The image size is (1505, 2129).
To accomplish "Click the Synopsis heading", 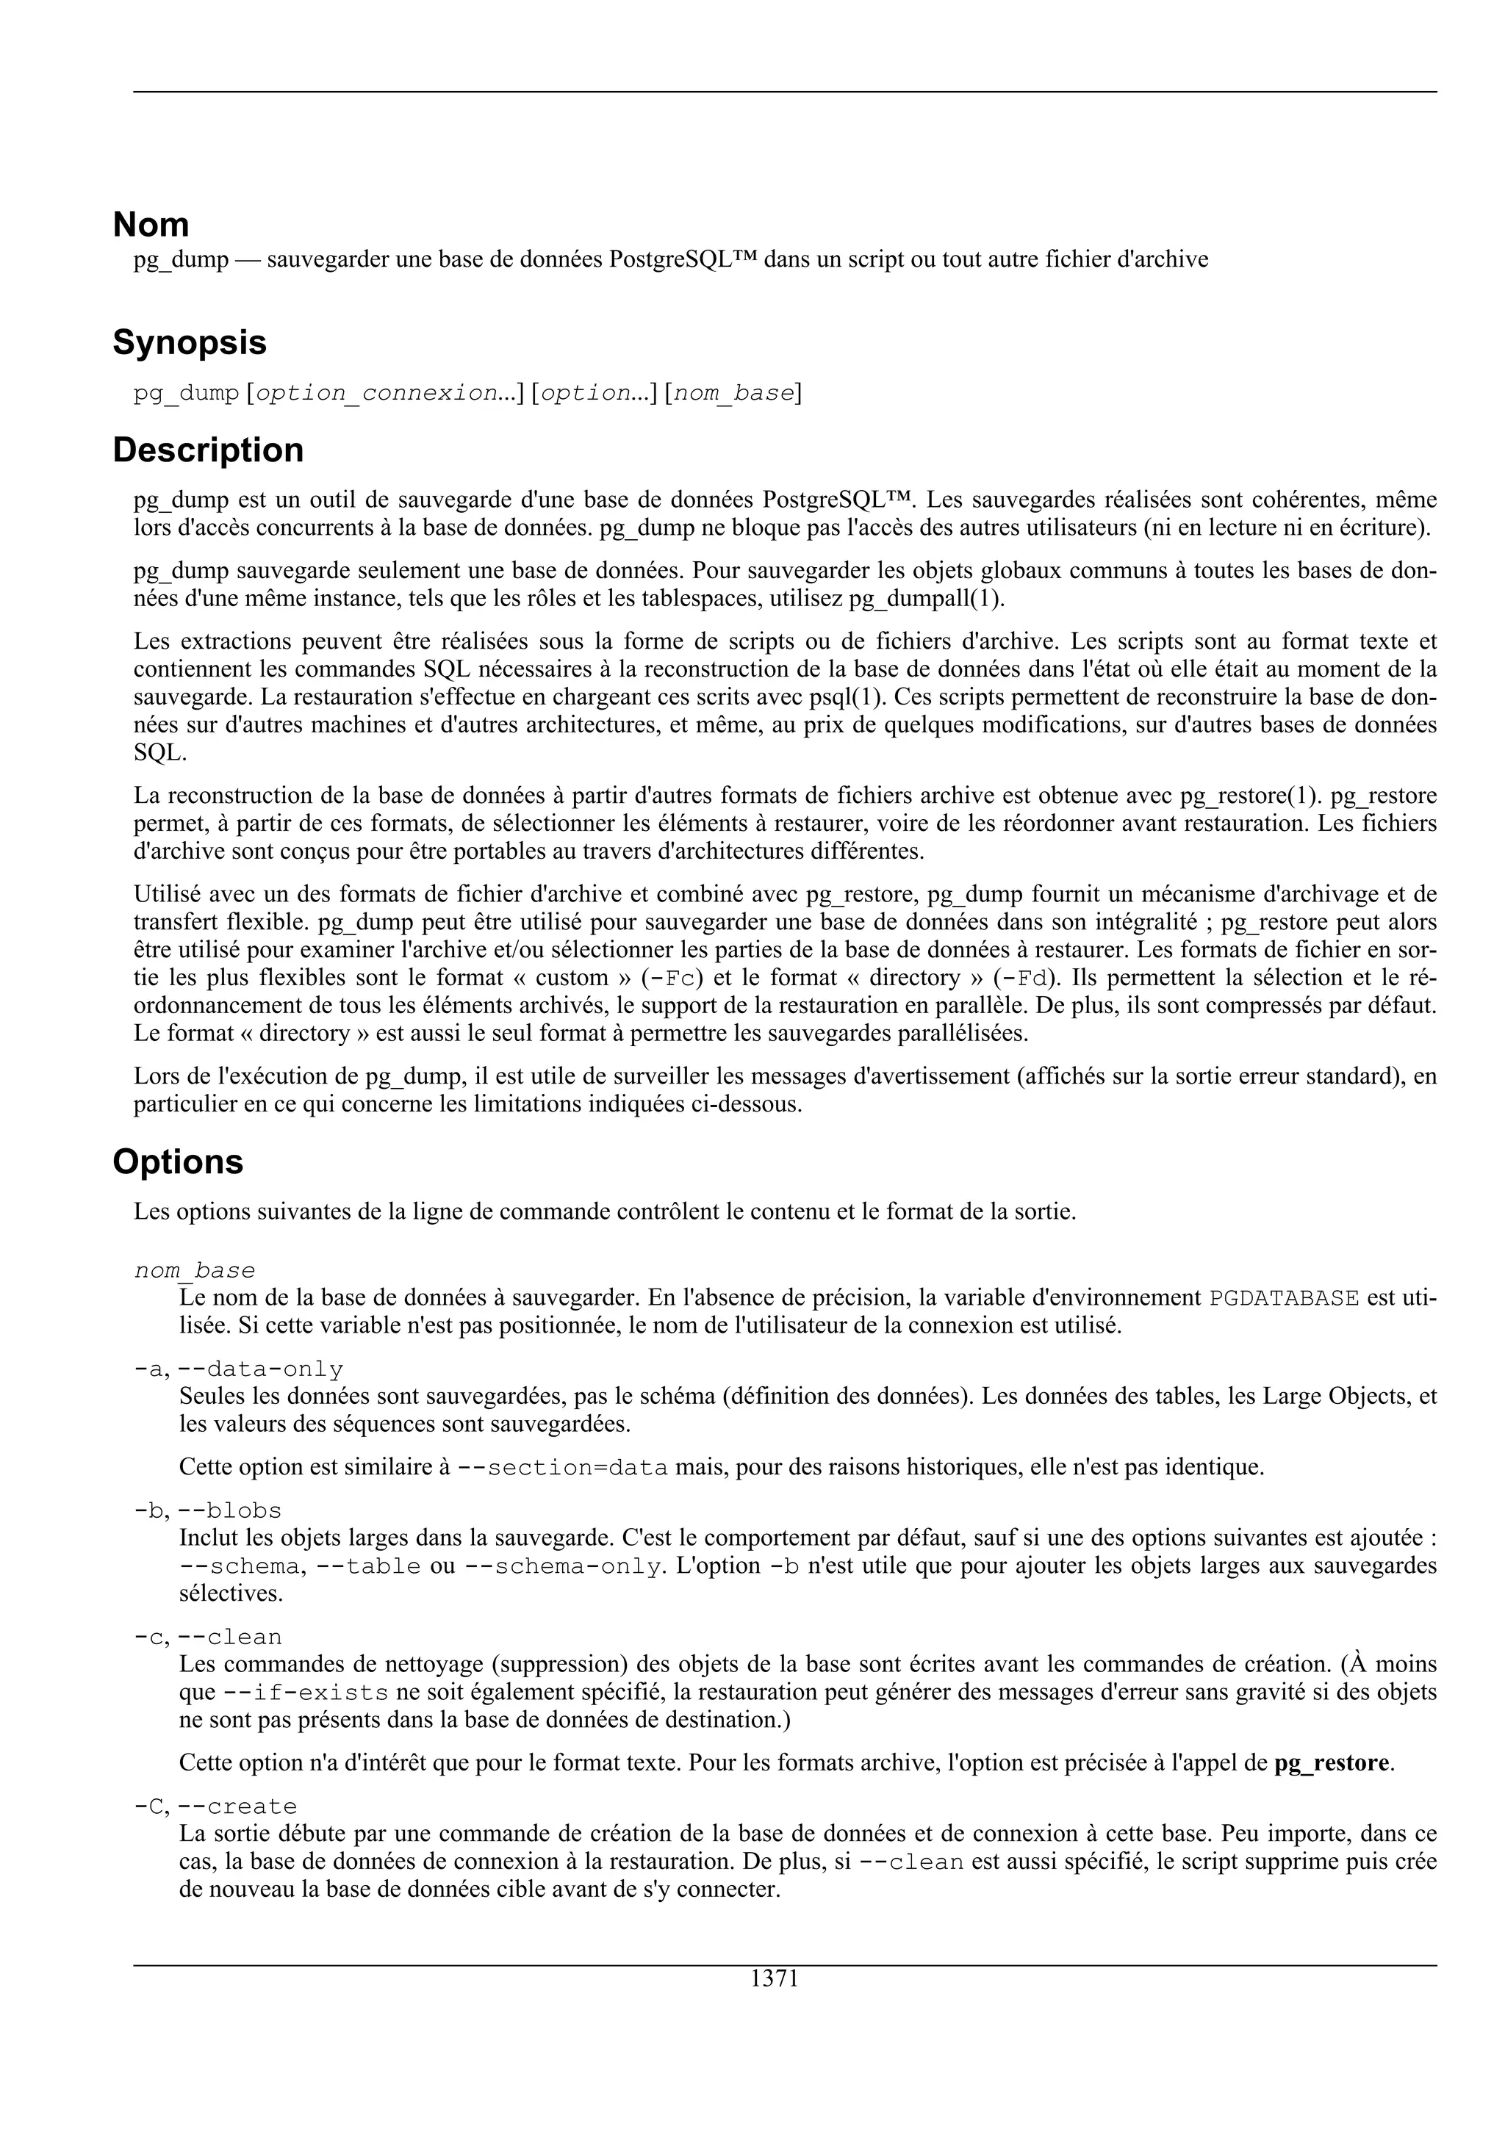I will pyautogui.click(x=189, y=342).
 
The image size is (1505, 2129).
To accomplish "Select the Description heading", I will pyautogui.click(x=208, y=450).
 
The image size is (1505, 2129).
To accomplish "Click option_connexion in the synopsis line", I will pyautogui.click(x=376, y=393).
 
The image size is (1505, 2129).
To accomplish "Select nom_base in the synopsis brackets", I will pyautogui.click(x=733, y=393).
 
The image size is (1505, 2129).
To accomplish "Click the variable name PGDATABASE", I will pyautogui.click(x=1285, y=1297).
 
